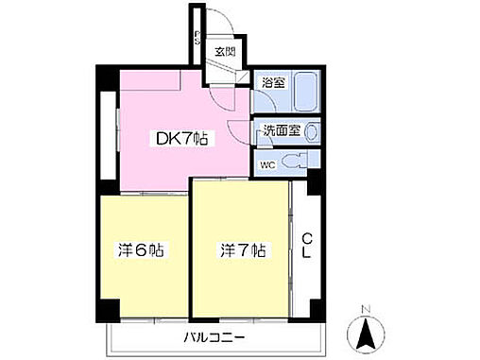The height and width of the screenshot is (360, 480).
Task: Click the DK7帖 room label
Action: pyautogui.click(x=182, y=140)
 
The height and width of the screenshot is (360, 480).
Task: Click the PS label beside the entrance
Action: pyautogui.click(x=197, y=39)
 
